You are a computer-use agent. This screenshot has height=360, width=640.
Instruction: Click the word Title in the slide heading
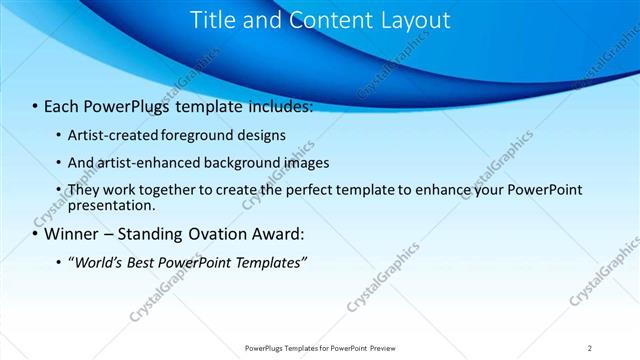click(212, 20)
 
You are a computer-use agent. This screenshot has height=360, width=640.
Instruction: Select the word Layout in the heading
click(409, 20)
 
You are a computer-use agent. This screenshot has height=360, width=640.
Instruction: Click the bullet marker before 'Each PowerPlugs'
click(35, 106)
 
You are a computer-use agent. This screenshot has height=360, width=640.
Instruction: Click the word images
click(308, 162)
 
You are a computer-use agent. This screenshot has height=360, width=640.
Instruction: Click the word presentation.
click(111, 206)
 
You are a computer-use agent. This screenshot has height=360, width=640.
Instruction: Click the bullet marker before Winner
click(35, 235)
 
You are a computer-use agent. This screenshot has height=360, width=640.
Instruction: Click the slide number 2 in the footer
click(590, 348)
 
